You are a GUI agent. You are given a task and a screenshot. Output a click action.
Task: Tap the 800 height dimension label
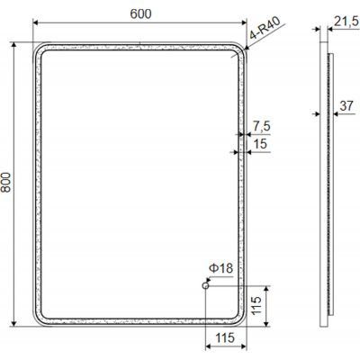[9, 184]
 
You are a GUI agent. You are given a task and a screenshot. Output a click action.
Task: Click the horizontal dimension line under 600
[140, 24]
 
